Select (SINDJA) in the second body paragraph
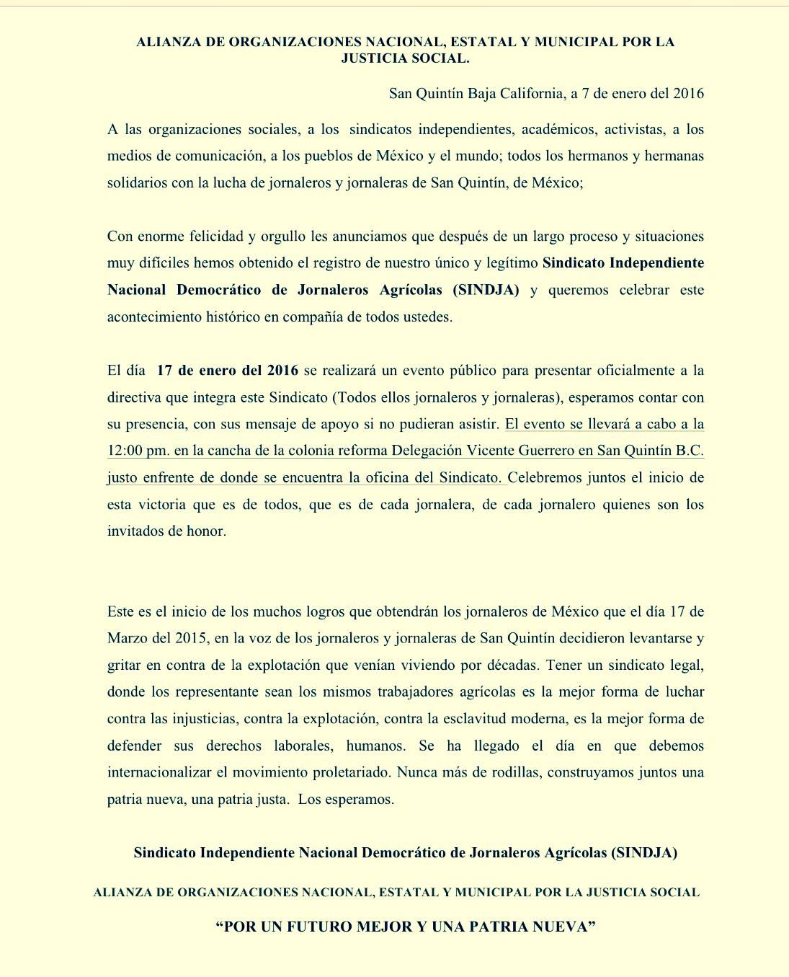click(x=486, y=290)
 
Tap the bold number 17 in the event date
click(x=164, y=371)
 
